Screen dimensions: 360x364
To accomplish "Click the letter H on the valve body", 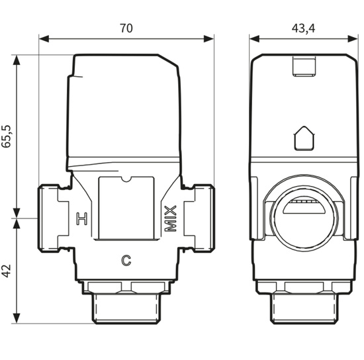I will click(x=81, y=218).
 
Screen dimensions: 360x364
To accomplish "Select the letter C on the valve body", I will click(x=125, y=259).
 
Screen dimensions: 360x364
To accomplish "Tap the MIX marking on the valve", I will click(x=171, y=219).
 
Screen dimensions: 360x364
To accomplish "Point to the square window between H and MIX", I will click(x=126, y=208).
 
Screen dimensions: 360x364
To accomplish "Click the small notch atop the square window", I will click(x=126, y=177).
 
